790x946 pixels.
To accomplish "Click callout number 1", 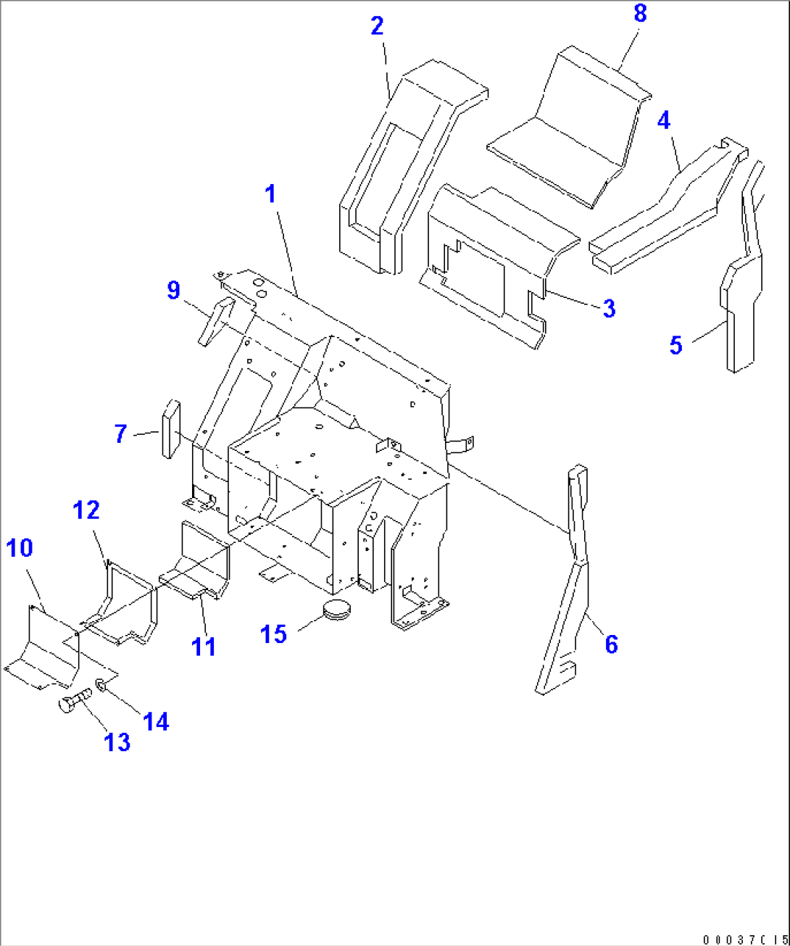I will coord(270,194).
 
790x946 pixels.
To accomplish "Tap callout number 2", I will coord(377,26).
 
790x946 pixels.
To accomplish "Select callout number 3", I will coord(609,309).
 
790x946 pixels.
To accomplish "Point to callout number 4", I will coord(664,120).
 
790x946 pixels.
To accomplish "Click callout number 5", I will coord(675,345).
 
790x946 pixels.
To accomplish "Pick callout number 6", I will coord(612,644).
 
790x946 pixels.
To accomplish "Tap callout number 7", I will coord(120,434).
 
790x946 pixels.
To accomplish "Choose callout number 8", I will coord(640,14).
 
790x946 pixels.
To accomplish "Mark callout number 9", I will coord(173,290).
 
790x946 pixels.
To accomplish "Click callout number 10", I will coord(20,548).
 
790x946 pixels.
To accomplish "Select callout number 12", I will coord(86,510).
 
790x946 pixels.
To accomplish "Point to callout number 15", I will coord(274,634).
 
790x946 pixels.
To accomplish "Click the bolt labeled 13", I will coord(72,702).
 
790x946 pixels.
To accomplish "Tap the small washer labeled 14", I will coord(101,684).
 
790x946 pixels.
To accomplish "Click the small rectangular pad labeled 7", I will coord(170,428).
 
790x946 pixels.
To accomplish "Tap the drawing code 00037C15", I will coord(744,939).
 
